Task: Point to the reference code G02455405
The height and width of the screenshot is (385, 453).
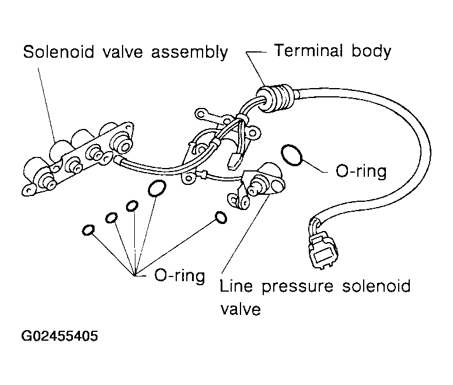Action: [60, 337]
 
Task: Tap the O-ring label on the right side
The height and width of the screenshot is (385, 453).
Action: [362, 173]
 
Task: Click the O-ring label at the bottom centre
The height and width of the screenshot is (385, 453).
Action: [179, 275]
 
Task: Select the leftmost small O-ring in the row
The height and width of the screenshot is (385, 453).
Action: [88, 230]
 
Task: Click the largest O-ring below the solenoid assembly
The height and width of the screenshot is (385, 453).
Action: [156, 188]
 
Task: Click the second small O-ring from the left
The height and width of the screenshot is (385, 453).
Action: [111, 218]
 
